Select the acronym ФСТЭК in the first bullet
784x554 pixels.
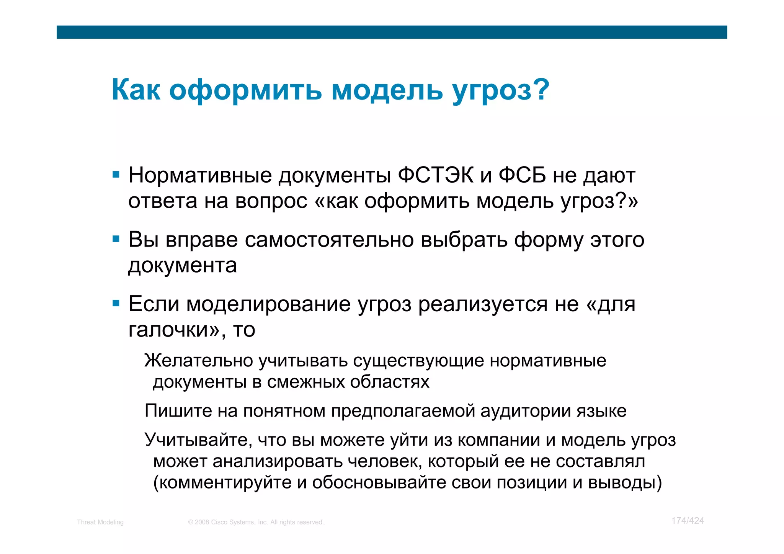pyautogui.click(x=436, y=175)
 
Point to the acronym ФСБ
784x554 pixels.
pyautogui.click(x=522, y=175)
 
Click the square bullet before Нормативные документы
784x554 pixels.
pyautogui.click(x=116, y=175)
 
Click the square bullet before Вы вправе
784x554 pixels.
pyautogui.click(x=116, y=239)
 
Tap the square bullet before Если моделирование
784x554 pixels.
pyautogui.click(x=116, y=304)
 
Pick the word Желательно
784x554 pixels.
pyautogui.click(x=199, y=361)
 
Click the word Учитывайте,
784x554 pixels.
pyautogui.click(x=198, y=440)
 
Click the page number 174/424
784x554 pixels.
pyautogui.click(x=688, y=521)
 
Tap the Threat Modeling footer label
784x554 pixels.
pyautogui.click(x=100, y=522)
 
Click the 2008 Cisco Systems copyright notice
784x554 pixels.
pyautogui.click(x=256, y=522)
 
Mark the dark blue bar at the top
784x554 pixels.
pyautogui.click(x=392, y=32)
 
